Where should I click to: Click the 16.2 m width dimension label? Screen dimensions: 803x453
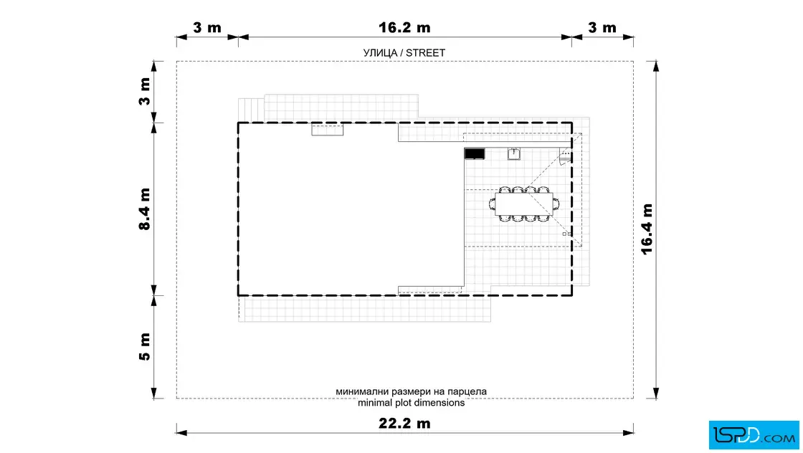click(404, 28)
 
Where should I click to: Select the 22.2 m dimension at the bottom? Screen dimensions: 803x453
click(404, 424)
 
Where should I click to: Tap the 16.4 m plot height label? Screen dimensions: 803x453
click(647, 229)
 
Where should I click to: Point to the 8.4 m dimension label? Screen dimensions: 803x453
click(145, 209)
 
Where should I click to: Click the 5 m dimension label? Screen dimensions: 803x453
click(145, 346)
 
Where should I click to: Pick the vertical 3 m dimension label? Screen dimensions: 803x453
click(145, 92)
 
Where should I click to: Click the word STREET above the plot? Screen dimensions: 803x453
click(426, 53)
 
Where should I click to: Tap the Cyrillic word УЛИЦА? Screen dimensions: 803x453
click(380, 53)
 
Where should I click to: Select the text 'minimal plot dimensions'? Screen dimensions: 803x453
click(412, 403)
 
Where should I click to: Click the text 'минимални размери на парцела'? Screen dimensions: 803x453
click(412, 391)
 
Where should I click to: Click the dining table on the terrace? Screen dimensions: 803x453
click(523, 204)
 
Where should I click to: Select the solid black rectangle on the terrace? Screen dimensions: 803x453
click(474, 153)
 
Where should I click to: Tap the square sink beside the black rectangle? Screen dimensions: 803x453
click(513, 153)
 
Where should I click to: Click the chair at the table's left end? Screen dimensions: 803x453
click(492, 204)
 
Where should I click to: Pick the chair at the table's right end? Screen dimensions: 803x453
click(556, 204)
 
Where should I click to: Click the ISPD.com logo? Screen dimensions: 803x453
click(754, 435)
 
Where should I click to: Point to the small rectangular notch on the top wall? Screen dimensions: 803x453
click(327, 130)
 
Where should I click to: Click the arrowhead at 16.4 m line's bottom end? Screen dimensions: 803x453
click(656, 393)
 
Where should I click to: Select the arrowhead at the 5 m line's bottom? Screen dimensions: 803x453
click(154, 393)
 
